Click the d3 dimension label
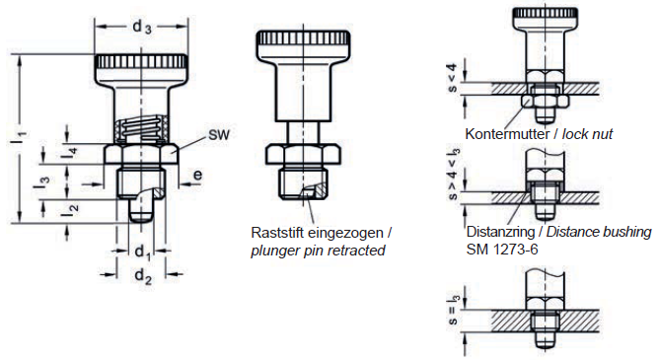[x=142, y=28]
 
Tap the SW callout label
[x=219, y=135]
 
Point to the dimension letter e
[x=197, y=175]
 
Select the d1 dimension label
[x=142, y=252]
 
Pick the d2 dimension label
[x=143, y=276]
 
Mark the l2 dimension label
[x=70, y=208]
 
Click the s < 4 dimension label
[x=452, y=78]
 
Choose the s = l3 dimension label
[x=454, y=310]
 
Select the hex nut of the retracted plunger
[x=303, y=154]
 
